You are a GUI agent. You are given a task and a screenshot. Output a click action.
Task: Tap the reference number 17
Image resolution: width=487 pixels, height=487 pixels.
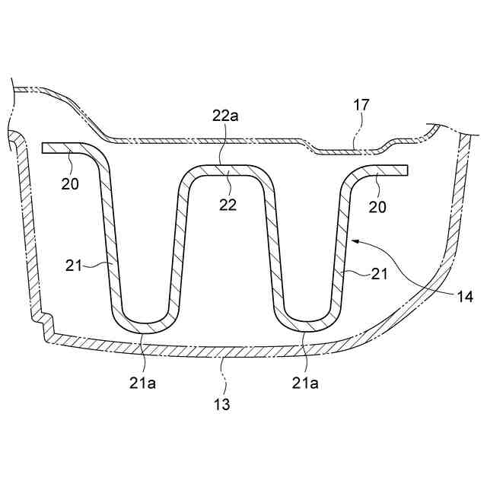click(361, 104)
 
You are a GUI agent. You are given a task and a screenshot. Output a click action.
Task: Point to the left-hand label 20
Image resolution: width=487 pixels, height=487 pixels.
click(69, 183)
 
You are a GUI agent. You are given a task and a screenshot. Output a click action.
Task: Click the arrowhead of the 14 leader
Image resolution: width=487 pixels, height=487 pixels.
click(354, 241)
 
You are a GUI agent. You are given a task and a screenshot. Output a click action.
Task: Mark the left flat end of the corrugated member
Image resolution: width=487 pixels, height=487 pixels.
click(47, 147)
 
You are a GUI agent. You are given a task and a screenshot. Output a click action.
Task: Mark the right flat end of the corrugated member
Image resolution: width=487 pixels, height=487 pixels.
click(405, 170)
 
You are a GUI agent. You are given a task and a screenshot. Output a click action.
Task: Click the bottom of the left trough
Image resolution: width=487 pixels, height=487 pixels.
click(145, 326)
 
